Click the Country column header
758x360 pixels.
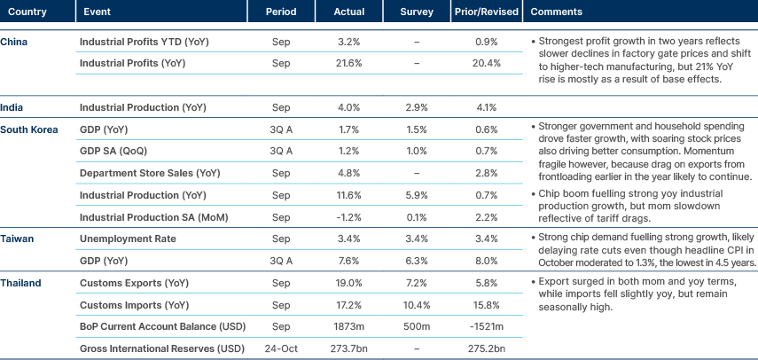click(x=22, y=12)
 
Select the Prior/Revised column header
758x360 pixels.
click(x=484, y=12)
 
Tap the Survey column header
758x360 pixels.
click(x=417, y=12)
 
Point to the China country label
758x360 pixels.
click(x=13, y=42)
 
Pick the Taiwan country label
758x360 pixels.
click(x=18, y=239)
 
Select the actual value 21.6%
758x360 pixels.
click(x=349, y=64)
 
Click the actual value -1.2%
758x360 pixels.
click(x=349, y=216)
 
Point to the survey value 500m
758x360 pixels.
click(x=417, y=325)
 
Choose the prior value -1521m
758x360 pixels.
click(x=484, y=325)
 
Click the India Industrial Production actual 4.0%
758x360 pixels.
click(x=349, y=107)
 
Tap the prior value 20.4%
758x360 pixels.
click(x=484, y=64)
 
